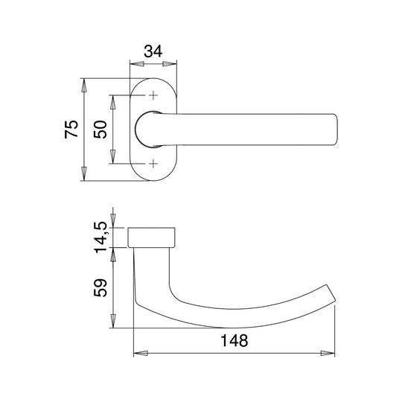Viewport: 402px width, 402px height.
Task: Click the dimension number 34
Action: pyautogui.click(x=153, y=51)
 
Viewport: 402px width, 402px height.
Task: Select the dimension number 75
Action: pyautogui.click(x=71, y=129)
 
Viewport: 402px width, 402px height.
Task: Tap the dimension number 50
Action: pyautogui.click(x=100, y=130)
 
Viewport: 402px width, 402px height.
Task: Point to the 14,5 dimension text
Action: pyautogui.click(x=100, y=237)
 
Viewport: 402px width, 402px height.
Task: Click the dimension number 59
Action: pyautogui.click(x=100, y=287)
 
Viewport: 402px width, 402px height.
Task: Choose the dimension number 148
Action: pyautogui.click(x=234, y=341)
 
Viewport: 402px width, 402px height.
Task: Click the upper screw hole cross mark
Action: pyautogui.click(x=153, y=95)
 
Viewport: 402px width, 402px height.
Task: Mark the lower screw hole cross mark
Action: pyautogui.click(x=153, y=163)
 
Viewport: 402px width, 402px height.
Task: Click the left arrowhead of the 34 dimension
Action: pyautogui.click(x=137, y=64)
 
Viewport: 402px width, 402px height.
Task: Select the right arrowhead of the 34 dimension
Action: pyautogui.click(x=170, y=64)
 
